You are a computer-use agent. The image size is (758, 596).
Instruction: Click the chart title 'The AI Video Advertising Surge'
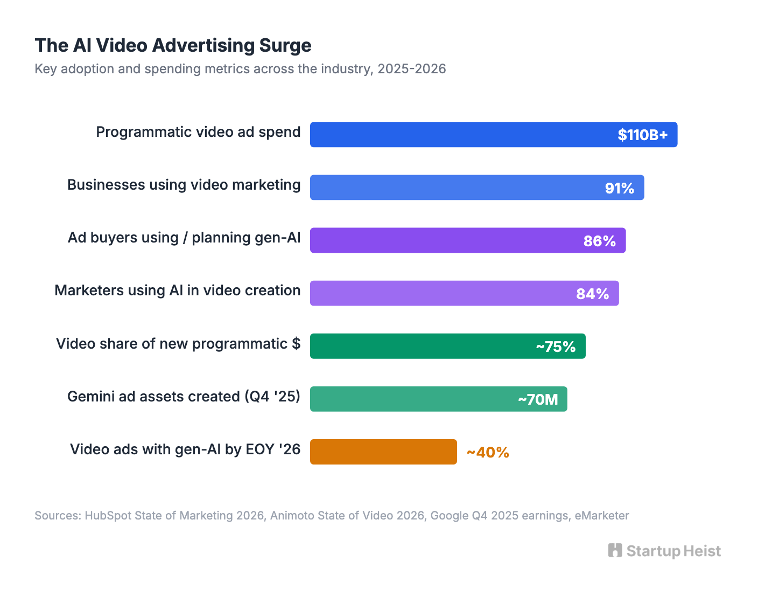coord(173,45)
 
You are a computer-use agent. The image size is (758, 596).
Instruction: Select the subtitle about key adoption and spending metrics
coord(240,69)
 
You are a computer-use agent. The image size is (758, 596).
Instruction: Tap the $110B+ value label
coord(642,135)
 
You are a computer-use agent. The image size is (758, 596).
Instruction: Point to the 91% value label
coord(619,188)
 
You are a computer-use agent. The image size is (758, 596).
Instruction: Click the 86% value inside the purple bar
coord(599,241)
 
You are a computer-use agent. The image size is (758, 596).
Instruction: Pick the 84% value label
coord(592,294)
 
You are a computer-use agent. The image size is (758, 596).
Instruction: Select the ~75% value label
coord(556,346)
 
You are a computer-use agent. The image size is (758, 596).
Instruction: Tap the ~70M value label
coord(537,399)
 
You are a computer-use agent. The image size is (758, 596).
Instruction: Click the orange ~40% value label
coord(488,452)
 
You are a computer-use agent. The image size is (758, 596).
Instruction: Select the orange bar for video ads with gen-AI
coord(383,452)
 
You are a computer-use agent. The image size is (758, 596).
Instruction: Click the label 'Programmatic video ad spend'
coord(198,132)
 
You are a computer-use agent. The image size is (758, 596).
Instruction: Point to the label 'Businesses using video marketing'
coord(184,185)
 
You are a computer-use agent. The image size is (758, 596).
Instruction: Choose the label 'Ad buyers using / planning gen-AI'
coord(184,238)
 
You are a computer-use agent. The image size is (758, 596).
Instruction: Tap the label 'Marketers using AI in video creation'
coord(178,290)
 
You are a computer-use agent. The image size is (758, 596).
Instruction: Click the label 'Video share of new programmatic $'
coord(178,344)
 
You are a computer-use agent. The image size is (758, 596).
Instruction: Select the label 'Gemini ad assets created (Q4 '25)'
coord(184,397)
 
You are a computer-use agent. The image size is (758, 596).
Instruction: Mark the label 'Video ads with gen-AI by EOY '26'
coord(185,449)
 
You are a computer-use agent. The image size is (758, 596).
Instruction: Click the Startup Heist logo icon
coord(615,550)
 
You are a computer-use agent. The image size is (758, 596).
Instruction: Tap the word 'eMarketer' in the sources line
coord(601,516)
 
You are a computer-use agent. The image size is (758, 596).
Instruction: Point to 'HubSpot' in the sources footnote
coord(108,516)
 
